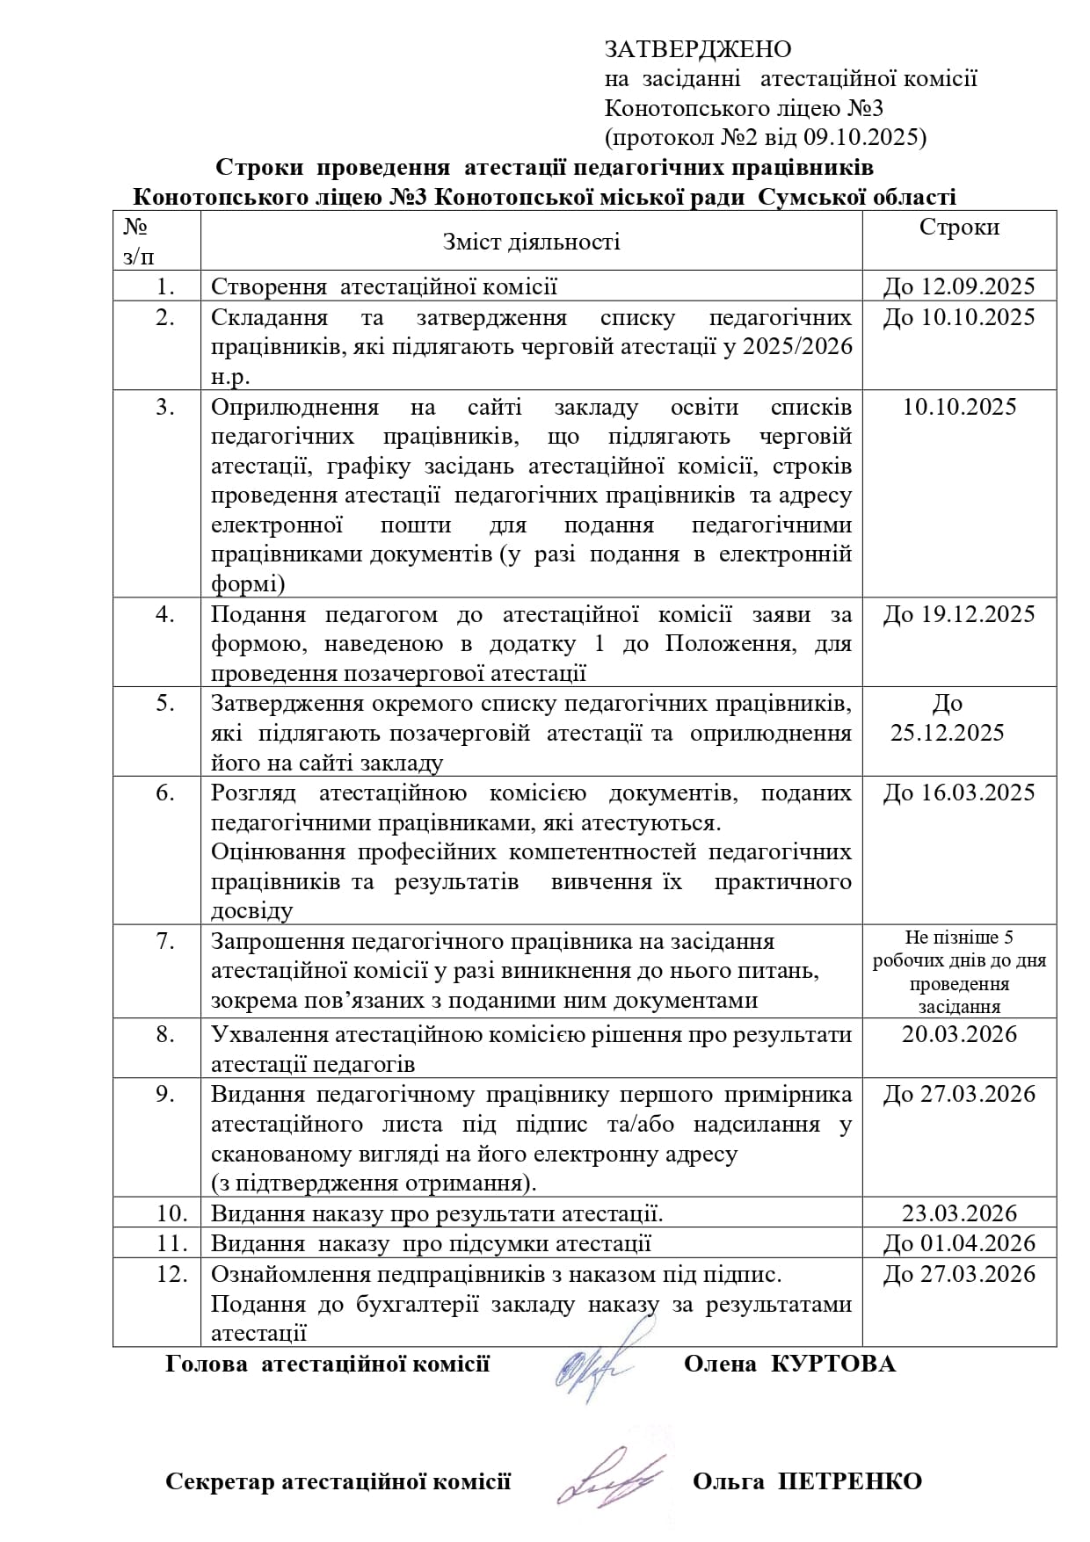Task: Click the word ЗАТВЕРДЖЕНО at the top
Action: pyautogui.click(x=698, y=49)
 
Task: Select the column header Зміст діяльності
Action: pyautogui.click(x=531, y=241)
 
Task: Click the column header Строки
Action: pyautogui.click(x=959, y=227)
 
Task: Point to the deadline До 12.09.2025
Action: pyautogui.click(x=959, y=286)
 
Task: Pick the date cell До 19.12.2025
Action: pyautogui.click(x=959, y=614)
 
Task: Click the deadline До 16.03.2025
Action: pyautogui.click(x=959, y=793)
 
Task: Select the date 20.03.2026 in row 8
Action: pyautogui.click(x=959, y=1033)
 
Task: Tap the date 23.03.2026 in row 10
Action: pyautogui.click(x=959, y=1213)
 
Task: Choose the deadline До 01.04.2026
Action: pyautogui.click(x=959, y=1243)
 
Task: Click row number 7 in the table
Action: pyautogui.click(x=166, y=941)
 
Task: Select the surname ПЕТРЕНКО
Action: pyautogui.click(x=850, y=1481)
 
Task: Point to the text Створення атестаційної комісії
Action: pyautogui.click(x=384, y=286)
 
